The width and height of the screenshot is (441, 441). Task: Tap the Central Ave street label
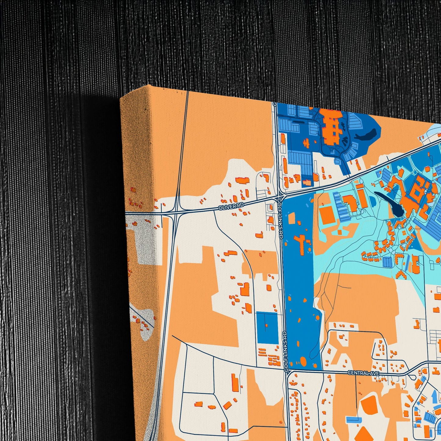click(363, 373)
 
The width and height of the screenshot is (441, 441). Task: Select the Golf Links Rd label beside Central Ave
click(286, 351)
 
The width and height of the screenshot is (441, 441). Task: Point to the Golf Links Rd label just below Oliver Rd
click(280, 219)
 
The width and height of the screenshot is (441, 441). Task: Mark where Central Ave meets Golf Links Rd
click(287, 370)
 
